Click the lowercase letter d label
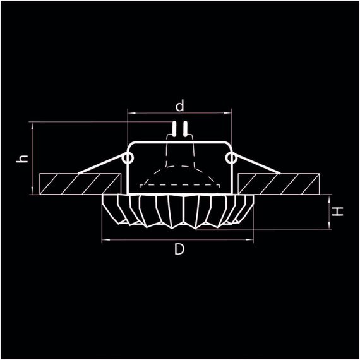click(180, 104)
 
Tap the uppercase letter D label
click(179, 250)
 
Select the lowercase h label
click(23, 159)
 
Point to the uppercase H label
click(339, 212)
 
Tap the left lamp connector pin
click(174, 131)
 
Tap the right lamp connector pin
click(184, 131)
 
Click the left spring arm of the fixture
click(101, 165)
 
